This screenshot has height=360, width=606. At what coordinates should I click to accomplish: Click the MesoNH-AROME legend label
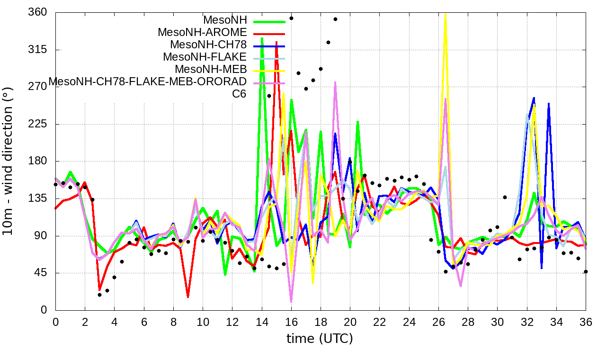click(x=202, y=33)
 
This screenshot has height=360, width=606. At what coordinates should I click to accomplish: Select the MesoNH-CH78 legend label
click(x=208, y=45)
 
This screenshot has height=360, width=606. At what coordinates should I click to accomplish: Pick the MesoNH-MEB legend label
click(x=211, y=69)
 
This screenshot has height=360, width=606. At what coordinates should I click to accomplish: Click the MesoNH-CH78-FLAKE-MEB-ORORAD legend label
click(x=148, y=81)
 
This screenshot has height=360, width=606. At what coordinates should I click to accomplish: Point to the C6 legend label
click(x=239, y=93)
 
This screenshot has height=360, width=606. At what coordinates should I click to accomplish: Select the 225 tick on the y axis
click(x=38, y=124)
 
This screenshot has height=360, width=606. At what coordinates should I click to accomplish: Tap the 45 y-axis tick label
click(x=41, y=273)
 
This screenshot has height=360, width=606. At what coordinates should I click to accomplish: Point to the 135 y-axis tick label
click(x=38, y=198)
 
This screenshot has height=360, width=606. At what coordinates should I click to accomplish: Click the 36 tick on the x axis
click(x=586, y=322)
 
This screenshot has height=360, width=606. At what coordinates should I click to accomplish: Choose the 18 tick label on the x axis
click(x=321, y=322)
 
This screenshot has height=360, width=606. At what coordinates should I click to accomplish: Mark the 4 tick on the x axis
click(x=115, y=322)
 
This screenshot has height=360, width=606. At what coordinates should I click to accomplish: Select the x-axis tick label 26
click(x=438, y=322)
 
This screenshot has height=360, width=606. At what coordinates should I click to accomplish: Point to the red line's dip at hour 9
click(x=188, y=297)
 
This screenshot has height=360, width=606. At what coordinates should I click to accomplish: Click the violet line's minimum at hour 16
click(x=291, y=302)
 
